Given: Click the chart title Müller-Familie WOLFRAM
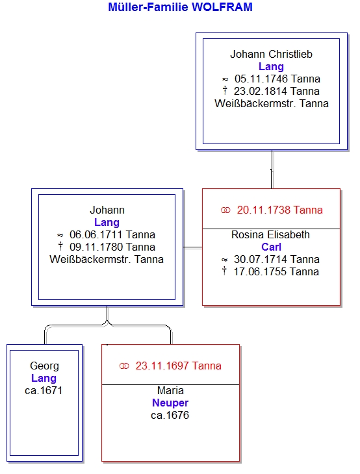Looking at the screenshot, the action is coord(180,7).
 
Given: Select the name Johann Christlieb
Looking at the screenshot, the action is coord(271,54).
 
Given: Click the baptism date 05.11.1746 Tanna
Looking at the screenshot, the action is coord(277,79).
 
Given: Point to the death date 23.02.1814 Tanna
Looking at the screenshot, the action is coord(277,91).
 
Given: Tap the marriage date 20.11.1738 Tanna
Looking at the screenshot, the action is coord(279,210).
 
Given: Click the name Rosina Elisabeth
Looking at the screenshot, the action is coord(270,234).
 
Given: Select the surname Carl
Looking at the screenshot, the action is coord(271,247).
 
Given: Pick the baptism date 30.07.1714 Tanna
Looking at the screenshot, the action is coord(277,259).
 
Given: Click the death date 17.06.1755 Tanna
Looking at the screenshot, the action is coord(276,271).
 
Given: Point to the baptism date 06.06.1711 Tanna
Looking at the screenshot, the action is coord(112,234).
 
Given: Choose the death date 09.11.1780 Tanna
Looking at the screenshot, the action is coord(112,247).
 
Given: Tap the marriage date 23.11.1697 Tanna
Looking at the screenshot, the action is coord(178,366).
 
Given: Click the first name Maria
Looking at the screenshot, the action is coord(170,391).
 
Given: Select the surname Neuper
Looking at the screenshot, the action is coord(170,403).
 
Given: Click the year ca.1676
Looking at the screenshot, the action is coord(170,416).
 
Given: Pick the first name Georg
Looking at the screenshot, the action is coord(44,366).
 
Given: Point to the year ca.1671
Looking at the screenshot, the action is coord(44,391).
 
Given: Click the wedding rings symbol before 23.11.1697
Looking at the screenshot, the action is coord(124,366).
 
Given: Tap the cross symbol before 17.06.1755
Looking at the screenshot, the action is coord(224,271).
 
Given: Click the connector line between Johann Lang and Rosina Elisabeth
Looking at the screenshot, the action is coord(193,247).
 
